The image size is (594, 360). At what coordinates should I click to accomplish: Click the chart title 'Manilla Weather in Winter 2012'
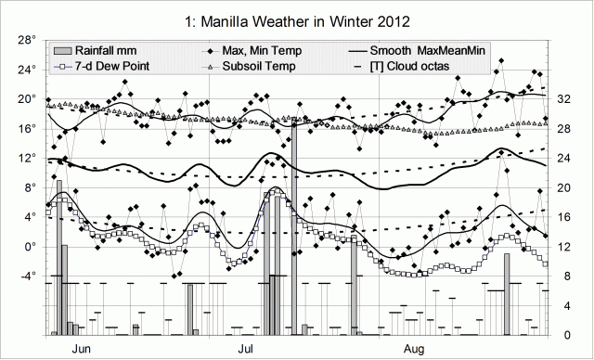pos(297,19)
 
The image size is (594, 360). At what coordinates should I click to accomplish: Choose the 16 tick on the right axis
pos(564,217)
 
